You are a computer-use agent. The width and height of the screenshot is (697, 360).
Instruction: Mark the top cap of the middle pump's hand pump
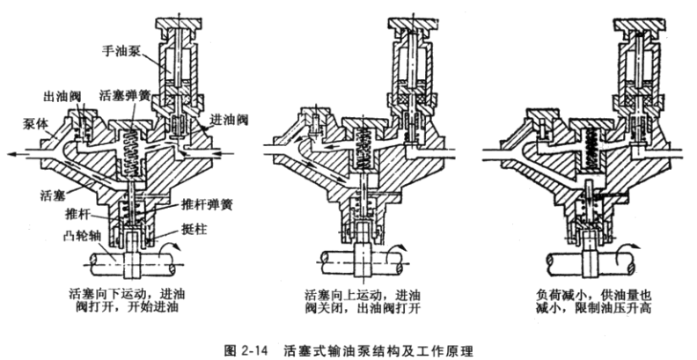click(x=415, y=22)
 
